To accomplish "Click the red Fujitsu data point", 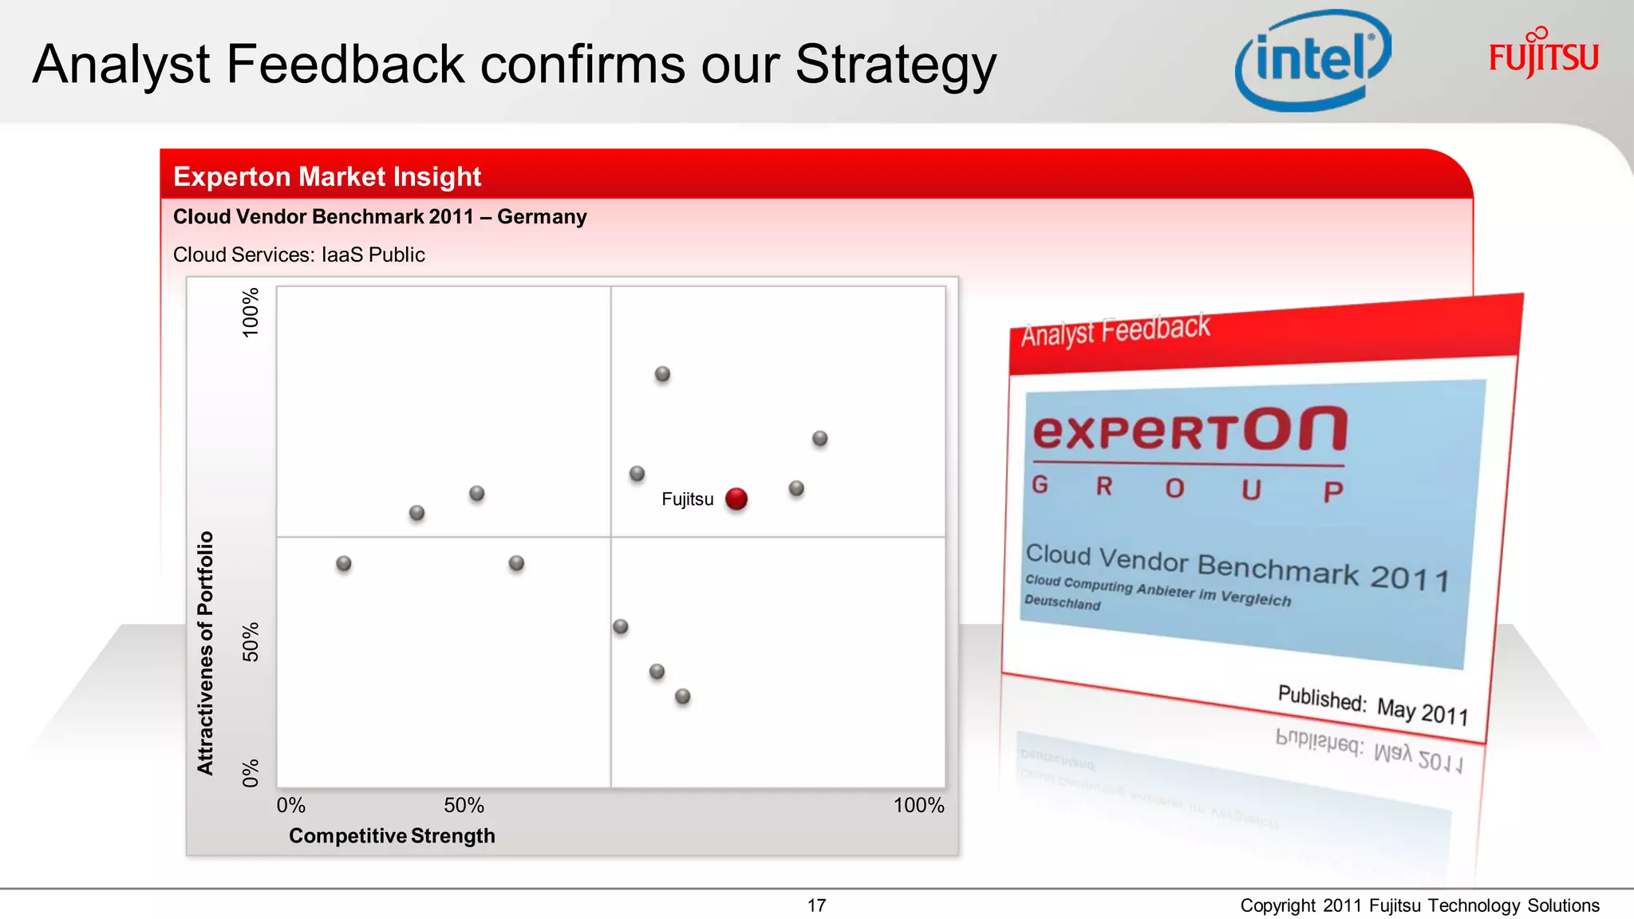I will click(x=736, y=499).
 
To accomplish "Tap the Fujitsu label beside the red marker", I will click(x=687, y=499).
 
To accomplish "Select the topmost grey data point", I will click(x=662, y=374).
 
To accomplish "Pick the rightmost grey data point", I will click(x=819, y=439).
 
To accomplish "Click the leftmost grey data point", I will click(x=344, y=563).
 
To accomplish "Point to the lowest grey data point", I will click(x=682, y=696).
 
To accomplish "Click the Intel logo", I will click(x=1313, y=61).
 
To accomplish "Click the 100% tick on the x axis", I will click(x=918, y=805).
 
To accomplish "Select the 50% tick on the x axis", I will click(x=464, y=805).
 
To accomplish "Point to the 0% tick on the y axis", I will click(x=251, y=772).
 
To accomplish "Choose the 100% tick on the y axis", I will click(x=251, y=313).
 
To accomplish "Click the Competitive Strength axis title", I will click(x=392, y=835).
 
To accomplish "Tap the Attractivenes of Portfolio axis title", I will click(x=206, y=653).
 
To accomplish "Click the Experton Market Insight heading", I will click(x=327, y=176).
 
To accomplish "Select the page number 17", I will click(x=816, y=905).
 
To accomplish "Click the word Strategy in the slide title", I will click(x=895, y=64).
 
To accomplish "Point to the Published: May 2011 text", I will click(x=1372, y=704).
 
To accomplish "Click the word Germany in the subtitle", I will click(x=542, y=217).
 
